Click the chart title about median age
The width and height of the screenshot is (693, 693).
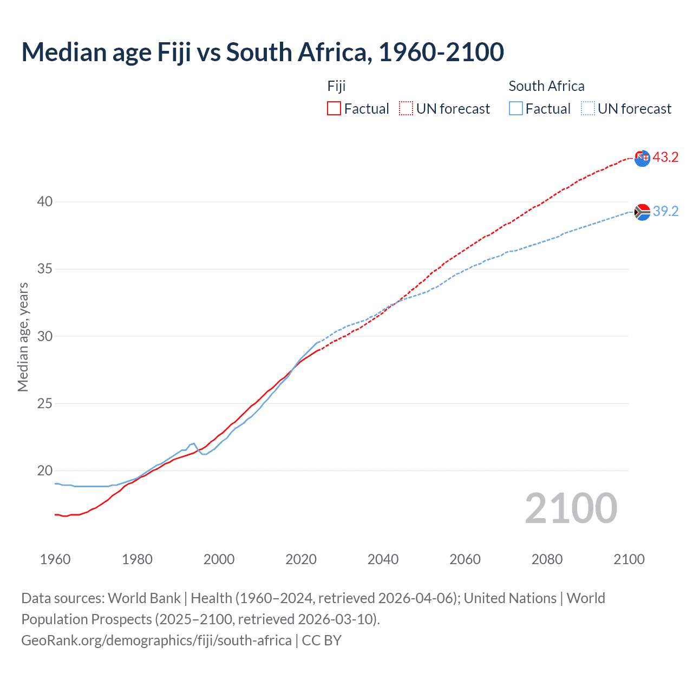263,53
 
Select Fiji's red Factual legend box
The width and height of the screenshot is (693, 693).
334,108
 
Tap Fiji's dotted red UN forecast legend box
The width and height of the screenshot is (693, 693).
406,108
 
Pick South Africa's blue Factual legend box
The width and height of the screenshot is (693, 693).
516,108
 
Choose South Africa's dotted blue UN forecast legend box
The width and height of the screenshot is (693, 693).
588,108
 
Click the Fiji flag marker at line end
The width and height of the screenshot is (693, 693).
642,158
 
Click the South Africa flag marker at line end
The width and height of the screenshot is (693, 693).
642,212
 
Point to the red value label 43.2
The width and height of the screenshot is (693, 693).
665,157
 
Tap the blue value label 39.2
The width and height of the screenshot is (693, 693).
665,211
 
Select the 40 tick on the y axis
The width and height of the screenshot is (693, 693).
45,201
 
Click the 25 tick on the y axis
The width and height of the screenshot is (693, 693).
45,403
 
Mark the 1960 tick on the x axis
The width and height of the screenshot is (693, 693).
55,559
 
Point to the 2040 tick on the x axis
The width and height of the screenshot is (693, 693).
383,559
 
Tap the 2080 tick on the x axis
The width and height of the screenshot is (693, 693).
547,559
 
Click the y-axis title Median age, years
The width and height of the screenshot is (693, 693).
23,337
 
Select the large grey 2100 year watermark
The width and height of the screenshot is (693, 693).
571,508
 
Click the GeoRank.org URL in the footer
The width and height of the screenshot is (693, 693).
156,640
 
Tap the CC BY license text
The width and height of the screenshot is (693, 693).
322,640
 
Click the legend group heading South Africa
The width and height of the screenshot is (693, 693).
546,86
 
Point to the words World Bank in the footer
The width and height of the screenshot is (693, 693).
144,598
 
